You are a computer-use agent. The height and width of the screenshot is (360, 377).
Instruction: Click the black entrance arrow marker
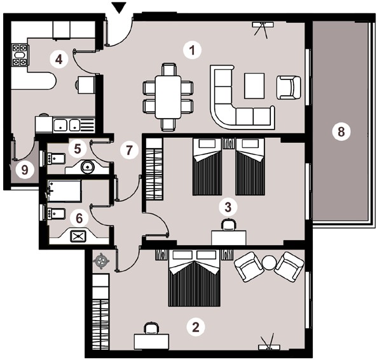tap(120, 7)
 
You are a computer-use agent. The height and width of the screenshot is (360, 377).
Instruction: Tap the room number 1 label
tap(192, 51)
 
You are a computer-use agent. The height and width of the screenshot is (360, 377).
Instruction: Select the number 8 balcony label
tap(341, 131)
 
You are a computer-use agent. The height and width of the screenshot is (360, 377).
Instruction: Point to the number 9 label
tap(25, 170)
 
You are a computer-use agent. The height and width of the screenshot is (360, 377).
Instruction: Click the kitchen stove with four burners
tap(20, 55)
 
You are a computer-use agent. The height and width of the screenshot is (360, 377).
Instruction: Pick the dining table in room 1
tap(168, 97)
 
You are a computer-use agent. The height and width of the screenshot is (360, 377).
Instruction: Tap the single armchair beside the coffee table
tap(289, 88)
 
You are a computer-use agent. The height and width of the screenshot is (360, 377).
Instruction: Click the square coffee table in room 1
tap(254, 86)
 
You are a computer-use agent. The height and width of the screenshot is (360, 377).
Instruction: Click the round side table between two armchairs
tap(270, 262)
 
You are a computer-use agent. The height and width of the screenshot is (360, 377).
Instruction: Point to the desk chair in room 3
tap(229, 225)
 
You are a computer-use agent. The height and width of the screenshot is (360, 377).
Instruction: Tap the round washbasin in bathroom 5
tap(88, 166)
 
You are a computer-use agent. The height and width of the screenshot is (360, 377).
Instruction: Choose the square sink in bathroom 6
tap(78, 236)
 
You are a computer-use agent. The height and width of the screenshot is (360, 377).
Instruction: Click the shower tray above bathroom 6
tap(64, 191)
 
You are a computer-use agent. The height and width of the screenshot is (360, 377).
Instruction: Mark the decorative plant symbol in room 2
tap(101, 260)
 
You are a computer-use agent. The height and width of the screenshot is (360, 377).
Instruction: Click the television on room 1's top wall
tap(263, 30)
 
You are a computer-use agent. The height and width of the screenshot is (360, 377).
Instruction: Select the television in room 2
tap(269, 342)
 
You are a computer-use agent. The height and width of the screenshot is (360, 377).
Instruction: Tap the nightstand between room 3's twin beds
tap(228, 144)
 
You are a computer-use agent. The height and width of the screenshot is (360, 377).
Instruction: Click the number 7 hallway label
tap(129, 150)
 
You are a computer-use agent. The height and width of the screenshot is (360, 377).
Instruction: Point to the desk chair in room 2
tap(151, 328)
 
